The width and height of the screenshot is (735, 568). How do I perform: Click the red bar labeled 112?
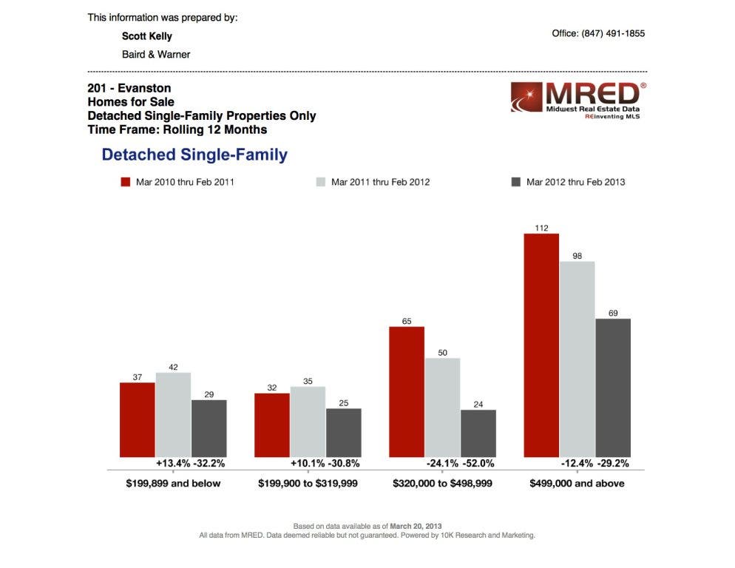click(541, 345)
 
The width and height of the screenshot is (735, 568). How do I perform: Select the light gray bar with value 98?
click(577, 359)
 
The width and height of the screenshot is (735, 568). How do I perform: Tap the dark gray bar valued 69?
click(613, 388)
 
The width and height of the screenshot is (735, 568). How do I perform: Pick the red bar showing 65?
click(407, 392)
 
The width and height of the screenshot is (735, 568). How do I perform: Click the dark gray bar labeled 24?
click(478, 433)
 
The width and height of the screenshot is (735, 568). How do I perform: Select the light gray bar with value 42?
click(173, 415)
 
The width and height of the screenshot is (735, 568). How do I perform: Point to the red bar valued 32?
click(272, 425)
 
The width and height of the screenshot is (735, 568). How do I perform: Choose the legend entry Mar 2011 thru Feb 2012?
click(373, 182)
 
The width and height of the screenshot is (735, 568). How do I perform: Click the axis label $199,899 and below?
click(173, 484)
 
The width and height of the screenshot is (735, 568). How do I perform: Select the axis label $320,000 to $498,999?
click(442, 484)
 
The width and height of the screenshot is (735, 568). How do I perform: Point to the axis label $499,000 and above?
click(577, 484)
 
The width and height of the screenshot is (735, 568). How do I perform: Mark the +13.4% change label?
click(172, 464)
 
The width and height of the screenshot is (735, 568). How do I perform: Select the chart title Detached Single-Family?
click(194, 155)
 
